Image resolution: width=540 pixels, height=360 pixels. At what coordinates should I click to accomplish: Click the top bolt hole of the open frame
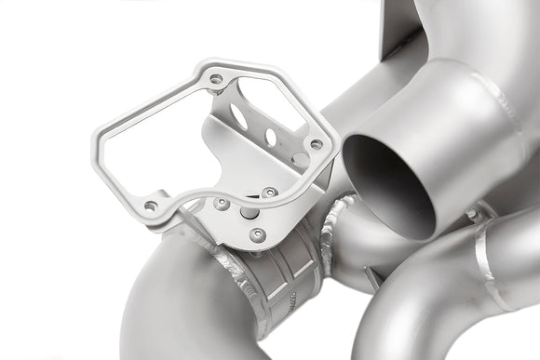tap(216, 79)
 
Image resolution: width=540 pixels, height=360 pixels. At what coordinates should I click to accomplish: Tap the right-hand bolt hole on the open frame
tap(316, 144)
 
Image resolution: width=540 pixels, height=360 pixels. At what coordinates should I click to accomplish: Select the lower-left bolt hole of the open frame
tap(150, 206)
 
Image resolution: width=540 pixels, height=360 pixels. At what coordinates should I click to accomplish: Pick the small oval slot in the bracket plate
tap(270, 138)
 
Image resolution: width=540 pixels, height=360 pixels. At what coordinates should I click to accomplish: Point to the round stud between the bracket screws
tap(250, 212)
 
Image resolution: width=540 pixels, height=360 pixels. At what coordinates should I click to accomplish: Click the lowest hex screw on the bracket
tap(258, 234)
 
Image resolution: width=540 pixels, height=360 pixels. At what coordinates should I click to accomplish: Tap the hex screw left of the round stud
tap(222, 203)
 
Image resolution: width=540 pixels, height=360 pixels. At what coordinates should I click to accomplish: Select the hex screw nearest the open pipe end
tap(269, 193)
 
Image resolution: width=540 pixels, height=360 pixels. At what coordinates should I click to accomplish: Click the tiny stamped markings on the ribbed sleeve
tap(296, 298)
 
